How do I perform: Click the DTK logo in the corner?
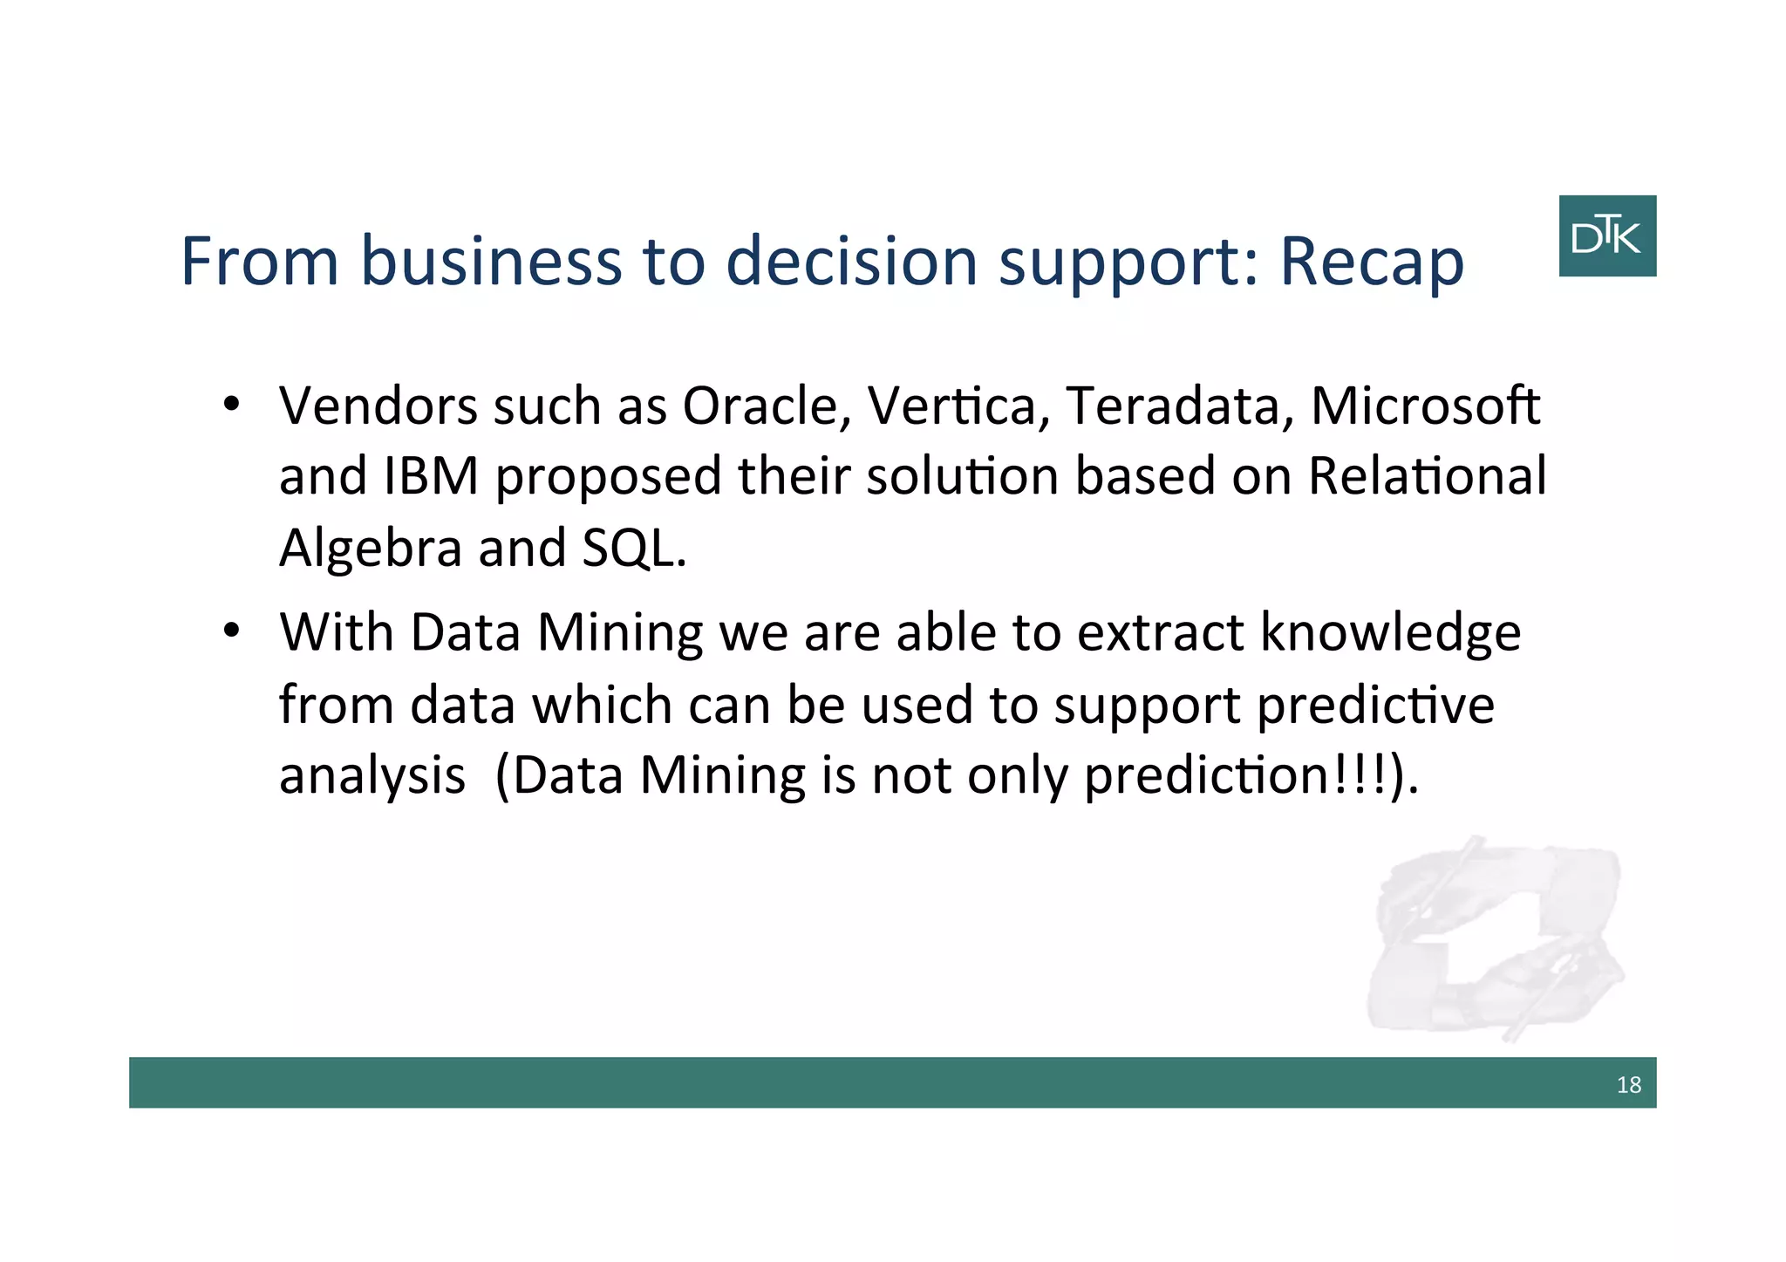point(1606,235)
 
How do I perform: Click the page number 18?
point(1628,1084)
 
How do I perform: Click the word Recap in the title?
point(1371,262)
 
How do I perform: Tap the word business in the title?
point(491,260)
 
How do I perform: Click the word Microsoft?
point(1425,406)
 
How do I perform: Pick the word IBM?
point(431,476)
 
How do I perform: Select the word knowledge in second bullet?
point(1390,633)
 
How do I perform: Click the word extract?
point(1159,633)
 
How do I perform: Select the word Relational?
point(1427,476)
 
